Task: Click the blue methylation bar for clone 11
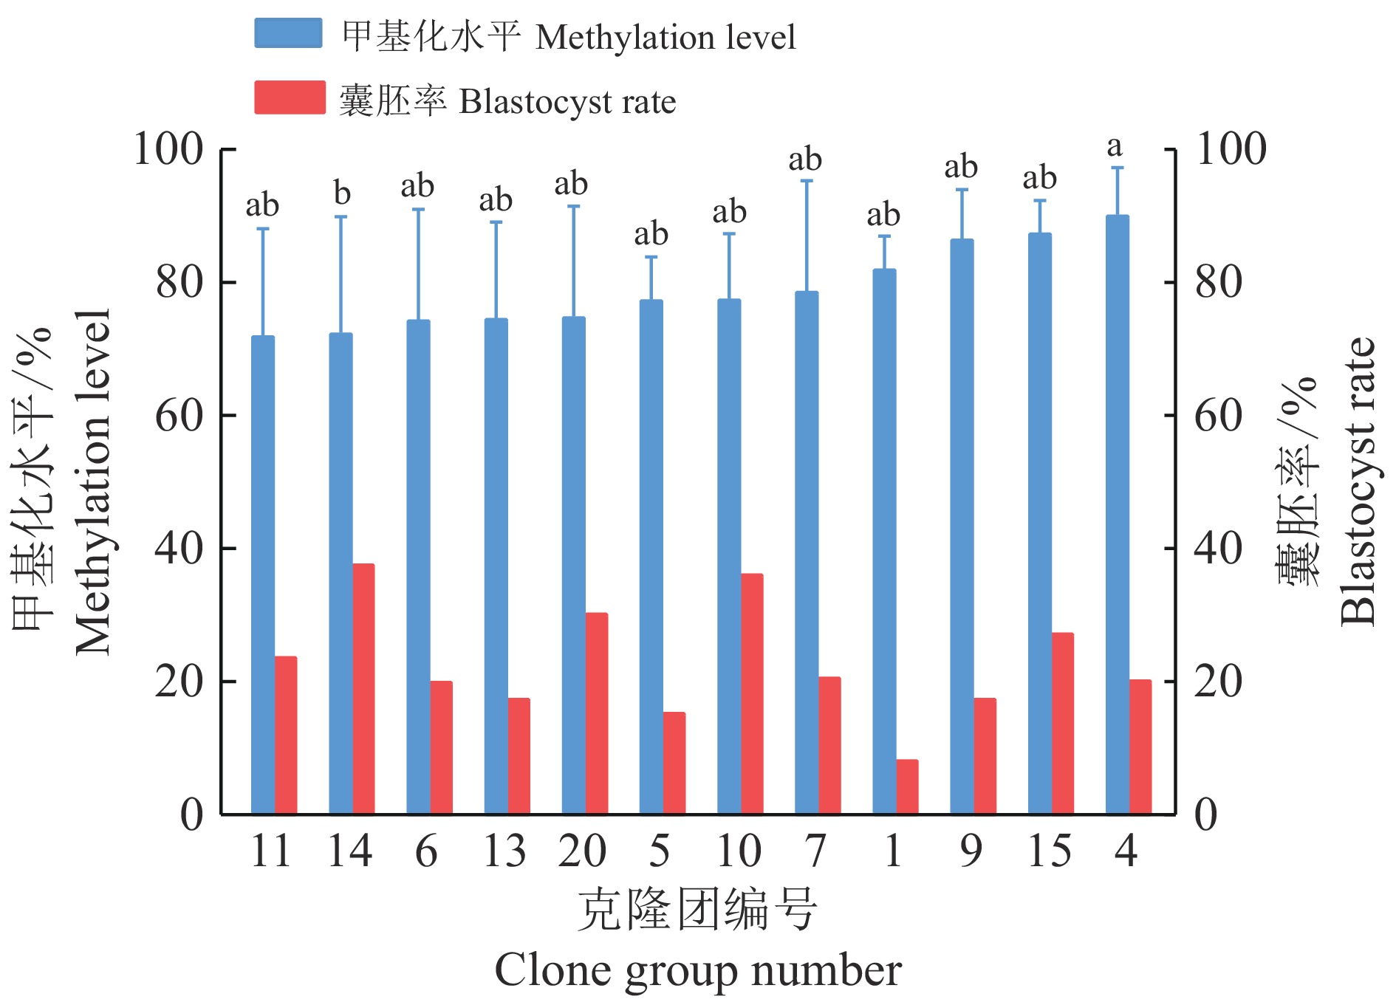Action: click(263, 576)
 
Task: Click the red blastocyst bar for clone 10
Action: click(752, 694)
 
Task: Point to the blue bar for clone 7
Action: click(807, 553)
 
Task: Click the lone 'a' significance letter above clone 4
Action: click(1115, 146)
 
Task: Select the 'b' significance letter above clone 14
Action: click(341, 193)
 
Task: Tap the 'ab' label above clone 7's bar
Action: click(805, 160)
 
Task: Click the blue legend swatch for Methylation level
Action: click(288, 33)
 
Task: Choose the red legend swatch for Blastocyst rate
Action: click(290, 97)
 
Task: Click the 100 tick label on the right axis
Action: click(1231, 149)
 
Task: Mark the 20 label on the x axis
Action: click(582, 851)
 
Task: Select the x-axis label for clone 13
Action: click(504, 851)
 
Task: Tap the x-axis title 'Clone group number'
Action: click(698, 970)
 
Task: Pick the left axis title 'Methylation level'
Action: click(93, 481)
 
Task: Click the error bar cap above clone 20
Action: click(574, 206)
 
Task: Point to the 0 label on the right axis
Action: click(1205, 815)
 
